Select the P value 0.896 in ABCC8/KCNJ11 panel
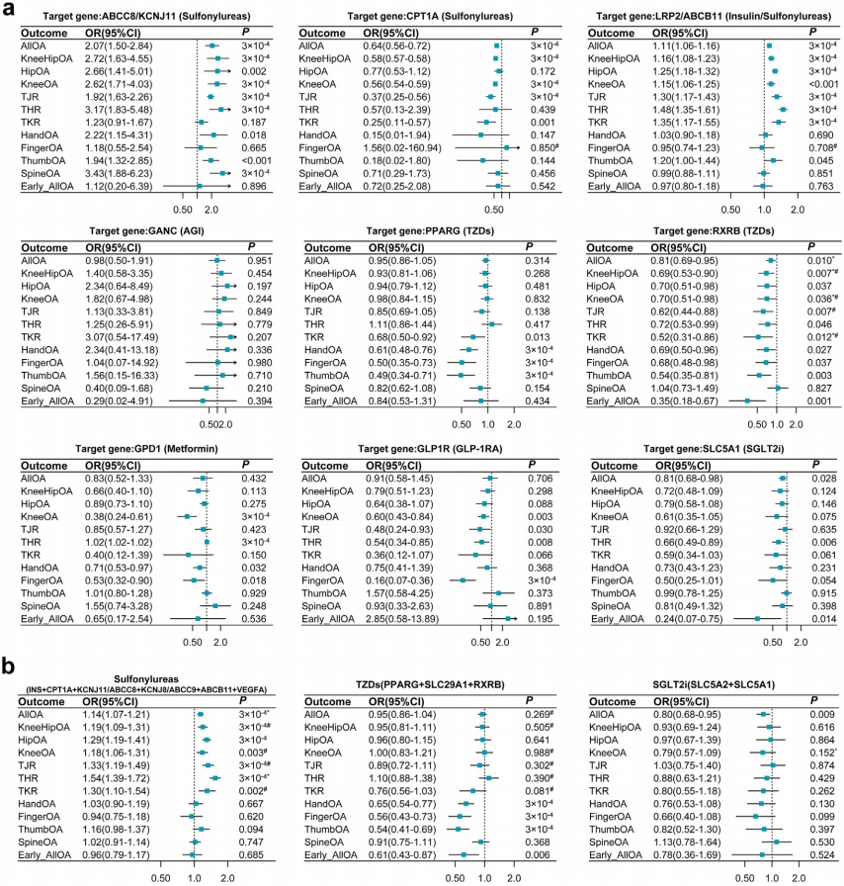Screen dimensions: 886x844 tap(254, 186)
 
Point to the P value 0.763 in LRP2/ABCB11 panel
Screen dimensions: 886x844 tap(818, 186)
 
